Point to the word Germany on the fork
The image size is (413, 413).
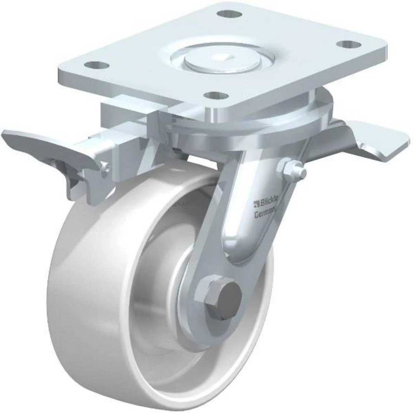(x=266, y=214)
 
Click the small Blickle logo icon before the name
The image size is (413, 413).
(x=256, y=202)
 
